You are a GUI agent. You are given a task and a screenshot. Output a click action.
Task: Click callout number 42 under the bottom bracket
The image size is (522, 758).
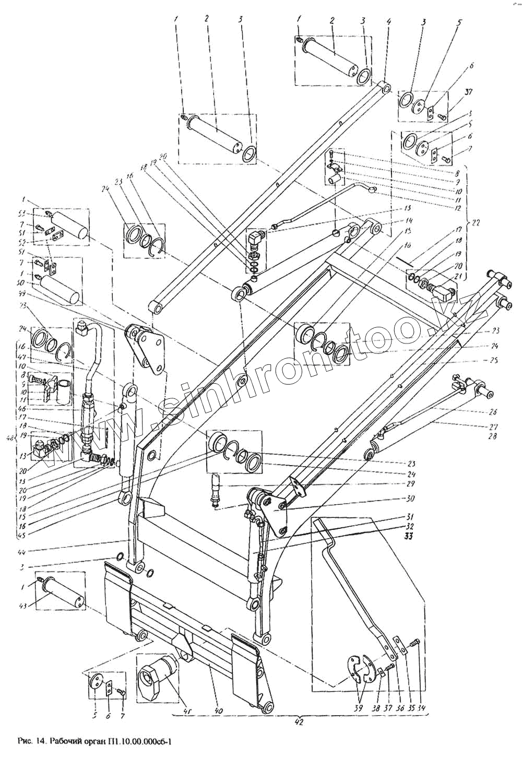point(298,723)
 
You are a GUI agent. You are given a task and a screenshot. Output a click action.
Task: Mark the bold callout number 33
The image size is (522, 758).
point(409,535)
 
